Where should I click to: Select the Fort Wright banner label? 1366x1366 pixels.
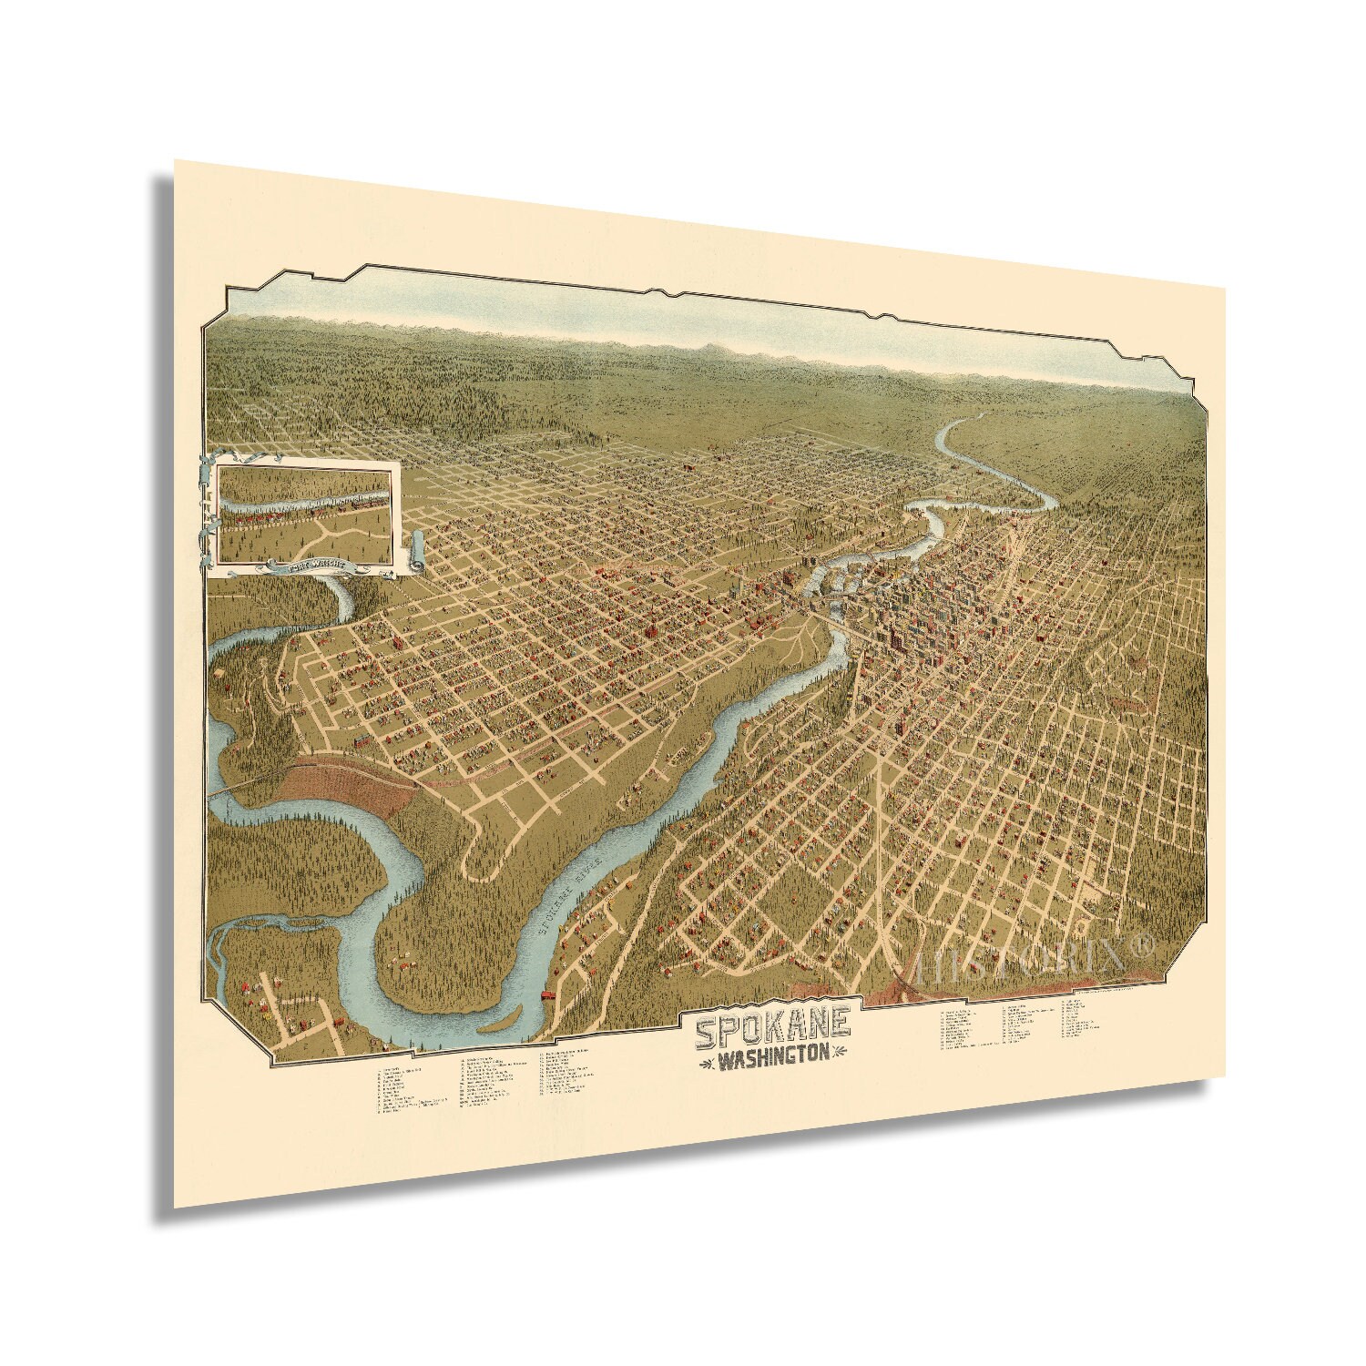pos(318,564)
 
